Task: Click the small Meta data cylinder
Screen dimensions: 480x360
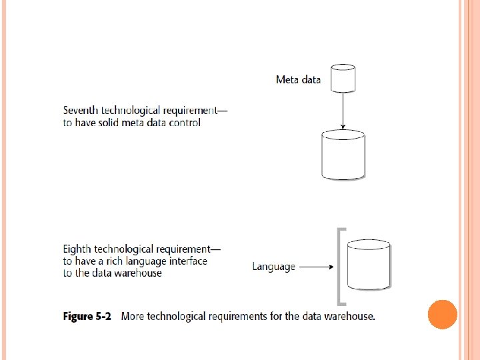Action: [343, 78]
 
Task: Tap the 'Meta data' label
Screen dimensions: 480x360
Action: [298, 80]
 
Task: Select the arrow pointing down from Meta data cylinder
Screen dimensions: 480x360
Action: [343, 111]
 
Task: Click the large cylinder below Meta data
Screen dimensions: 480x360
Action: [343, 155]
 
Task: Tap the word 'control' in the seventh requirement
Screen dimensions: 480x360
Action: [184, 122]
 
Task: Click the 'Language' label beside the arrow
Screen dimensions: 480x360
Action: [273, 267]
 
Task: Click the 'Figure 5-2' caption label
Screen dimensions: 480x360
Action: [87, 316]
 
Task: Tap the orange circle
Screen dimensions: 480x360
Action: [442, 314]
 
